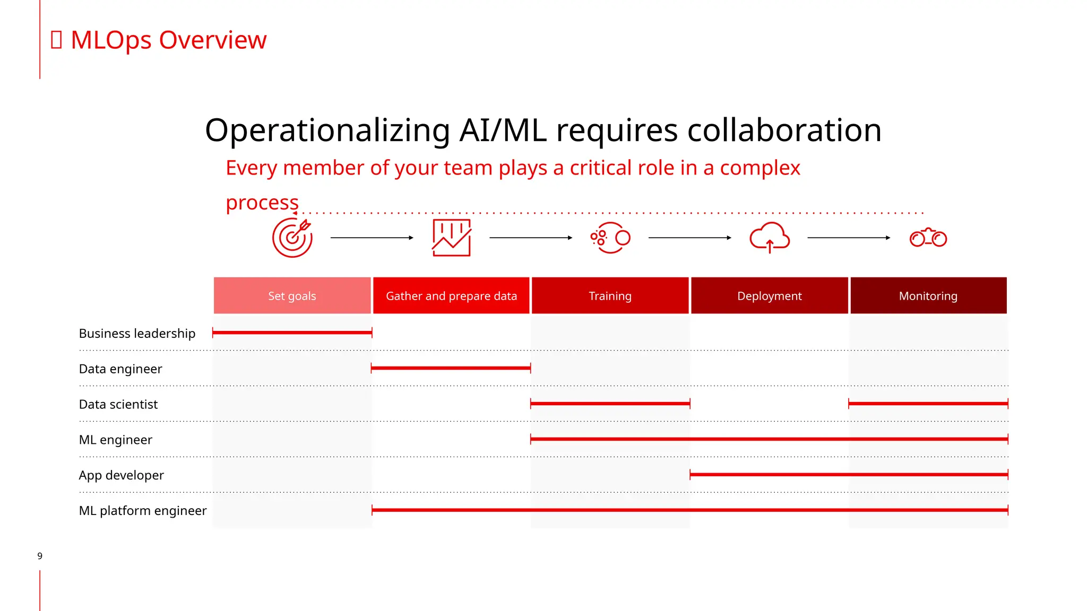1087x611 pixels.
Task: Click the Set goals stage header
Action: tap(292, 295)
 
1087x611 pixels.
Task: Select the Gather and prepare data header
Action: tap(451, 295)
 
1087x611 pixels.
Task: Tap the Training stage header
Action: tap(610, 295)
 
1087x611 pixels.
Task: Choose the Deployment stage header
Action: tap(769, 295)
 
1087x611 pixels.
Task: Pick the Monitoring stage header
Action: tap(928, 295)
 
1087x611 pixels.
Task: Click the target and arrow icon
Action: tap(292, 238)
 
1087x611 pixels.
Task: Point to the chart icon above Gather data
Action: tap(452, 238)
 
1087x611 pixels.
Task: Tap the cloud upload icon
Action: tap(770, 237)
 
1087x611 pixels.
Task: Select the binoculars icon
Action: tap(928, 238)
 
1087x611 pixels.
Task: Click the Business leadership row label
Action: tap(137, 333)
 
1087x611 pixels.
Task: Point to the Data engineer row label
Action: tap(120, 369)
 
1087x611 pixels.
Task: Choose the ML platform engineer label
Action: tap(143, 510)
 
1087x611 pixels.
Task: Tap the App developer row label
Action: tap(121, 475)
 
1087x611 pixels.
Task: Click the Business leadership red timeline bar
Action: tap(292, 333)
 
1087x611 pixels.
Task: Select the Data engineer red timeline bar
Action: tap(451, 368)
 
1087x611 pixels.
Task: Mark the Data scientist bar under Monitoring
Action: tap(928, 404)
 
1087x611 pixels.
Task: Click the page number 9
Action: tap(40, 556)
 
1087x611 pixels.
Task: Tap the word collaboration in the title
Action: tap(784, 130)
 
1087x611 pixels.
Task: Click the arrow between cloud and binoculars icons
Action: tap(848, 238)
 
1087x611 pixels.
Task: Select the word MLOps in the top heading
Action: tap(111, 40)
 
